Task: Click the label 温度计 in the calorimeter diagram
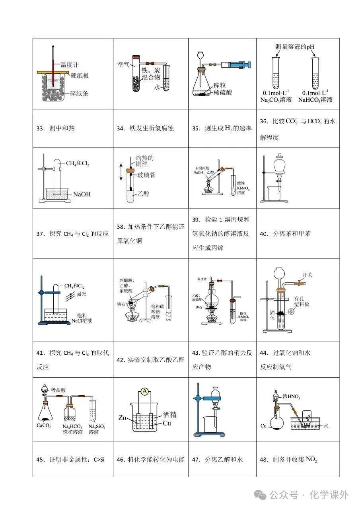69,64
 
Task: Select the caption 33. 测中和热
55,128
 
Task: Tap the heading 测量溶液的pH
295,47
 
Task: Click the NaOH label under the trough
82,194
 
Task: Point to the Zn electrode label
123,418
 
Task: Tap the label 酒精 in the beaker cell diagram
170,415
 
